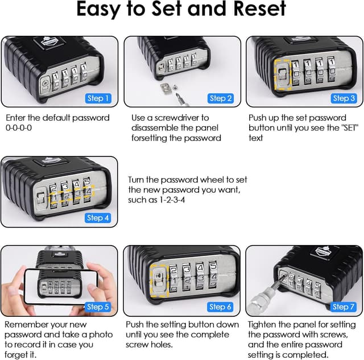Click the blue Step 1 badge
point(98,98)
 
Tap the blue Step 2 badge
point(221,98)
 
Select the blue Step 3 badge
point(344,98)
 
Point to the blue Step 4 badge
point(97,218)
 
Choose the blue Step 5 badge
point(98,307)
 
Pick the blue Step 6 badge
point(220,307)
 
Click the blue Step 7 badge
point(343,307)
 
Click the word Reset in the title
point(259,9)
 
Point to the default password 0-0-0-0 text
point(19,128)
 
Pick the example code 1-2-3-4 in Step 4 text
point(172,200)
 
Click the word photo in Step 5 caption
point(101,335)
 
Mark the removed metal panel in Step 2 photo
point(166,89)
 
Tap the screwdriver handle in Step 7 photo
point(257,302)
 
